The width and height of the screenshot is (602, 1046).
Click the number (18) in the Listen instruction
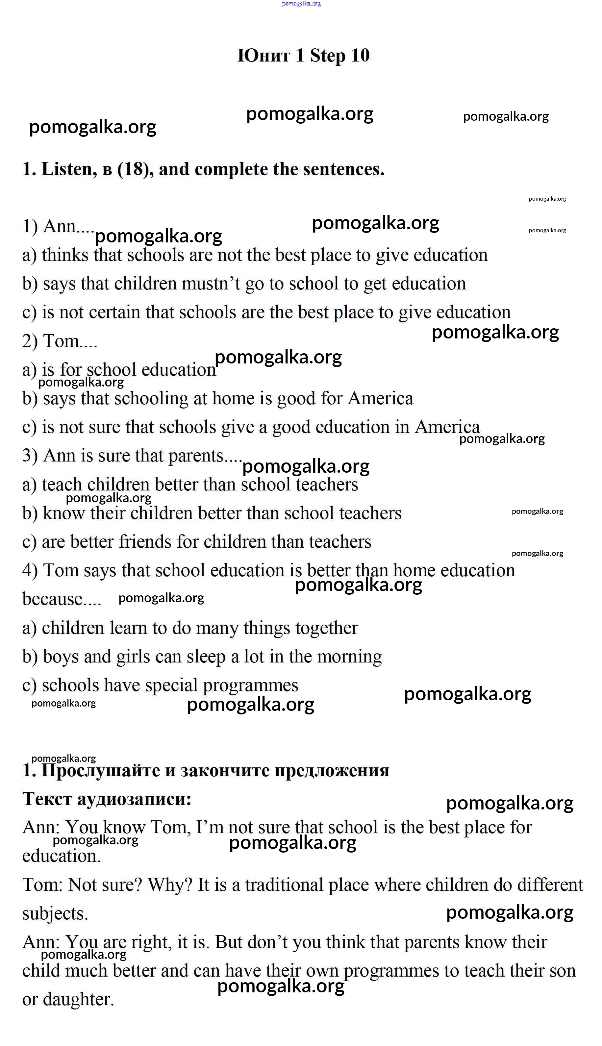click(133, 169)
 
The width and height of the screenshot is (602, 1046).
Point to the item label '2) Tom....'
click(60, 341)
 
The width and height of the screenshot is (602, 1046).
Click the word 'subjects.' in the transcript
click(55, 914)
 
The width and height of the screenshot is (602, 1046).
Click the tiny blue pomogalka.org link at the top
click(301, 4)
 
